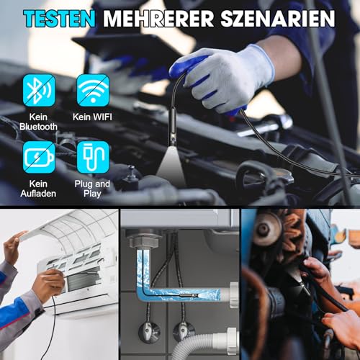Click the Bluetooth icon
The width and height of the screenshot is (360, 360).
point(37,90)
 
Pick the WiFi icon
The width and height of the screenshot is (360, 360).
point(92,90)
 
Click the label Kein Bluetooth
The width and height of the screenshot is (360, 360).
point(37,120)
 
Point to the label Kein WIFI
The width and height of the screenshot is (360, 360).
point(92,115)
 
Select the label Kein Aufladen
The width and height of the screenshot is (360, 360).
point(37,189)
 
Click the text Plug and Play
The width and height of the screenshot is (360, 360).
point(92,189)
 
